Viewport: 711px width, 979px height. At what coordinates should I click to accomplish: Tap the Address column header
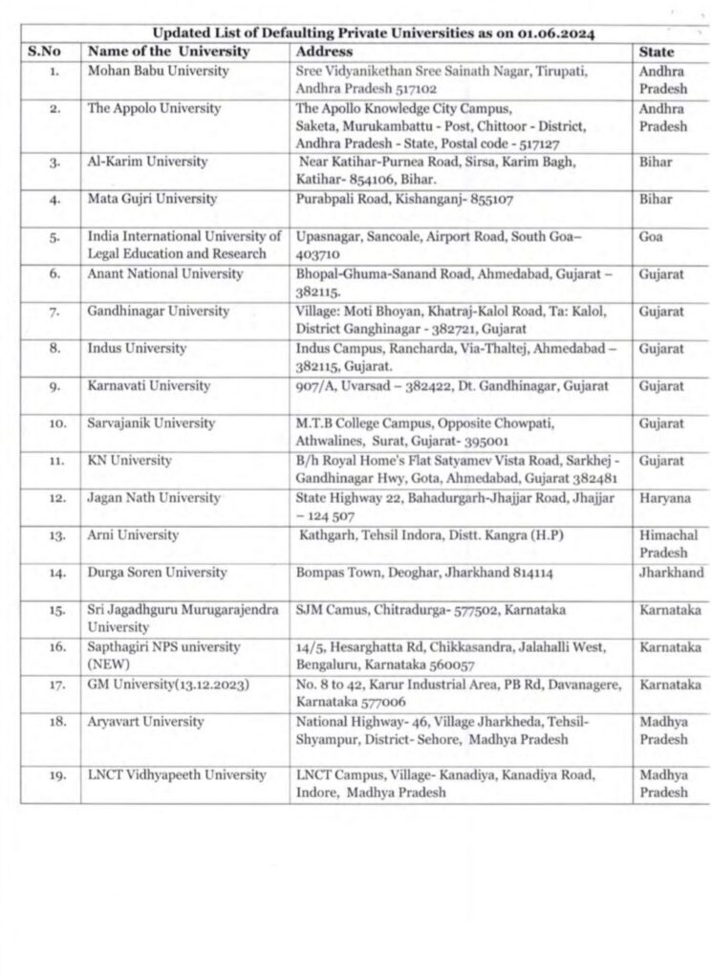click(324, 52)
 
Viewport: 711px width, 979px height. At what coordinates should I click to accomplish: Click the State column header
click(656, 52)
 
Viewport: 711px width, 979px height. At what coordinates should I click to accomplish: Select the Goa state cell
click(650, 236)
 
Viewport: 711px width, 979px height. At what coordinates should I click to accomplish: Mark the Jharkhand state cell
click(671, 573)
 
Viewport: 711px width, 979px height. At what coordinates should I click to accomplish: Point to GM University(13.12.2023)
click(159, 685)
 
